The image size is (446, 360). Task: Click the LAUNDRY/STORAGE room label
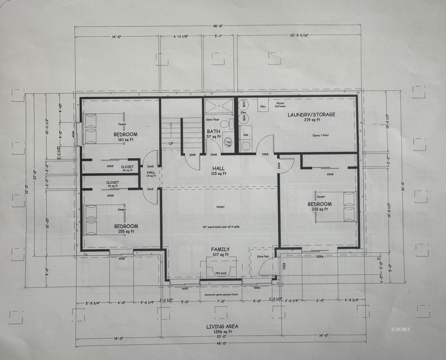(x=311, y=117)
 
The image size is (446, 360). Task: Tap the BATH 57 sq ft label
(x=214, y=134)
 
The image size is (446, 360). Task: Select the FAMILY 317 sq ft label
(x=220, y=252)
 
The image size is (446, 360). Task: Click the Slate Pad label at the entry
(x=262, y=256)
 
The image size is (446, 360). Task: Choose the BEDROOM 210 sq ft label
(x=319, y=206)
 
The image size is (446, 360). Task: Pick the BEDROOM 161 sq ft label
(x=125, y=136)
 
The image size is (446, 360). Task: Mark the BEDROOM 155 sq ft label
(x=126, y=228)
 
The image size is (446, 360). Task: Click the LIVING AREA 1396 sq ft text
(x=222, y=329)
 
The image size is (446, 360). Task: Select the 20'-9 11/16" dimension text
(x=299, y=35)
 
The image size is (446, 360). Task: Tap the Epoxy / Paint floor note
(x=321, y=135)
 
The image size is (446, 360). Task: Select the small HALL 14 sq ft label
(x=151, y=174)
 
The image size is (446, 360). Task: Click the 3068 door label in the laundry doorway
(x=265, y=154)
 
